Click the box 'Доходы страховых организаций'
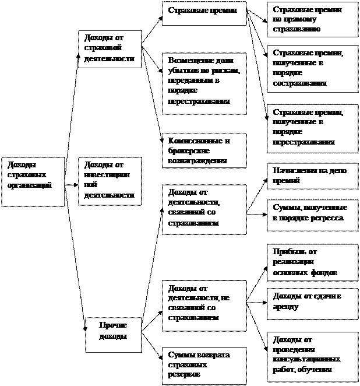(33, 181)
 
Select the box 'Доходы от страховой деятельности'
(110, 49)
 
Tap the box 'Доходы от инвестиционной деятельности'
(110, 181)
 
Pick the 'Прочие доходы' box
(114, 334)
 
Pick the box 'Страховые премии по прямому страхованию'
(312, 19)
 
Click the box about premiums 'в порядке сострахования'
(312, 68)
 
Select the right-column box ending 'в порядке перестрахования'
(312, 128)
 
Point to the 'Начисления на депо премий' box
(312, 176)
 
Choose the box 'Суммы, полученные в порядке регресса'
(312, 213)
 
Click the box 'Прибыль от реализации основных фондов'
(312, 262)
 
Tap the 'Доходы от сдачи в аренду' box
(312, 303)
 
